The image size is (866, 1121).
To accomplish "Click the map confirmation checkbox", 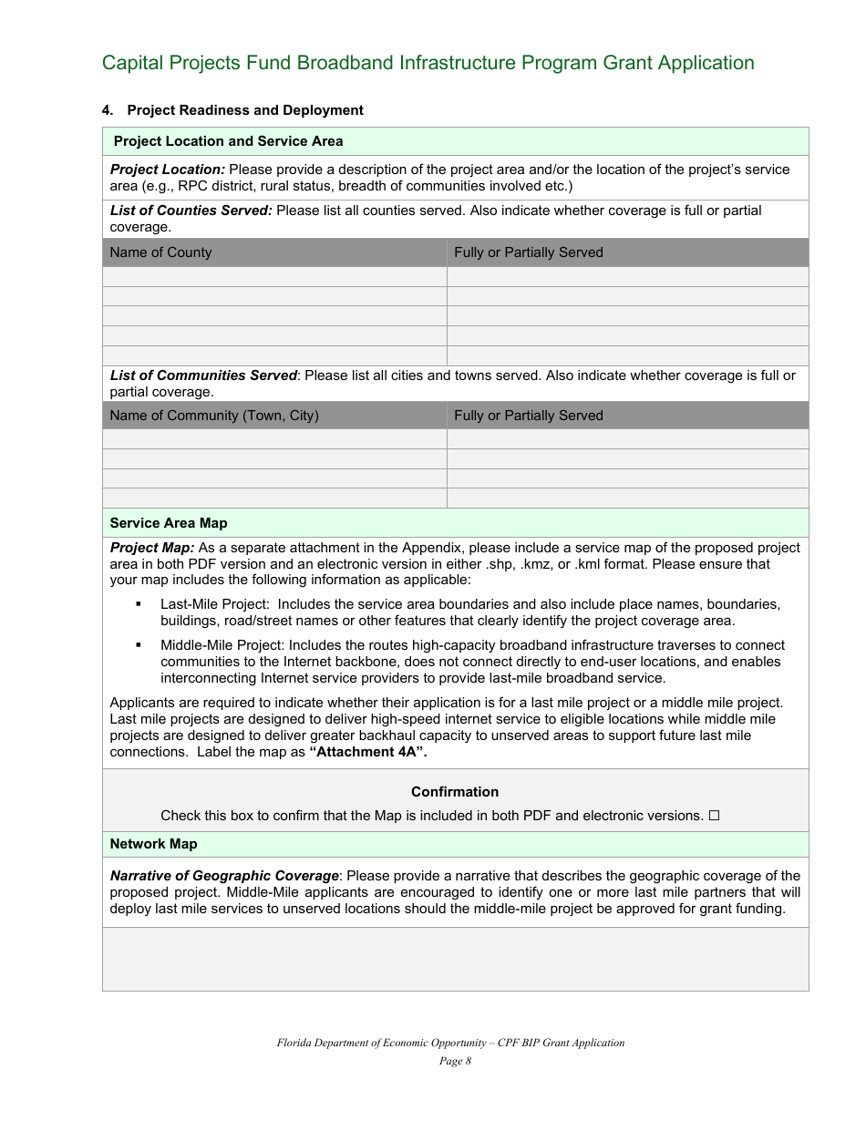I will coord(714,816).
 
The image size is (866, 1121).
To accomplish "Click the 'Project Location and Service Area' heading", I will coord(228,141).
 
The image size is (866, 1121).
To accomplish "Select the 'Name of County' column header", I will coord(160,252).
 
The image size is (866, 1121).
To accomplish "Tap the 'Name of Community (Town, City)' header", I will coord(214,416).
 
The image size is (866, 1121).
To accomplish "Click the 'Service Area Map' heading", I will coord(169,523).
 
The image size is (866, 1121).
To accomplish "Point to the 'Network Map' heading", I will coord(153,844).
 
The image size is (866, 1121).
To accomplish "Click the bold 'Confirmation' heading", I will coord(455,792).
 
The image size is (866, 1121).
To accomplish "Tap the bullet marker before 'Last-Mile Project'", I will coord(139,604).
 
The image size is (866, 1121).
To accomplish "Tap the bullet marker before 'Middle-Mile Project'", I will coord(139,645).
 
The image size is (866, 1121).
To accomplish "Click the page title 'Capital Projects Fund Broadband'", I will coord(428,63).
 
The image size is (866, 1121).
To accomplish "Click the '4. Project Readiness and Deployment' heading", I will coord(232,110).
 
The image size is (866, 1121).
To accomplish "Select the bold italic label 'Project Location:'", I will coord(167,170).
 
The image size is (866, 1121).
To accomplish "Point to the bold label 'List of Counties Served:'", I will coord(191,211).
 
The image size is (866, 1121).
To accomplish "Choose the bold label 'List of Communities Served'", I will coord(203,375).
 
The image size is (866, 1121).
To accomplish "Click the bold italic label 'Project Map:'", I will coord(151,548).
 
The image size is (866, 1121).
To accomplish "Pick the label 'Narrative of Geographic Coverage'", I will coord(224,876).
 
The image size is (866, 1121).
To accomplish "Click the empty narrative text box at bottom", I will coord(455,959).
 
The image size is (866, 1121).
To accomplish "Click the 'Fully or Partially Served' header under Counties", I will coord(528,252).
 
